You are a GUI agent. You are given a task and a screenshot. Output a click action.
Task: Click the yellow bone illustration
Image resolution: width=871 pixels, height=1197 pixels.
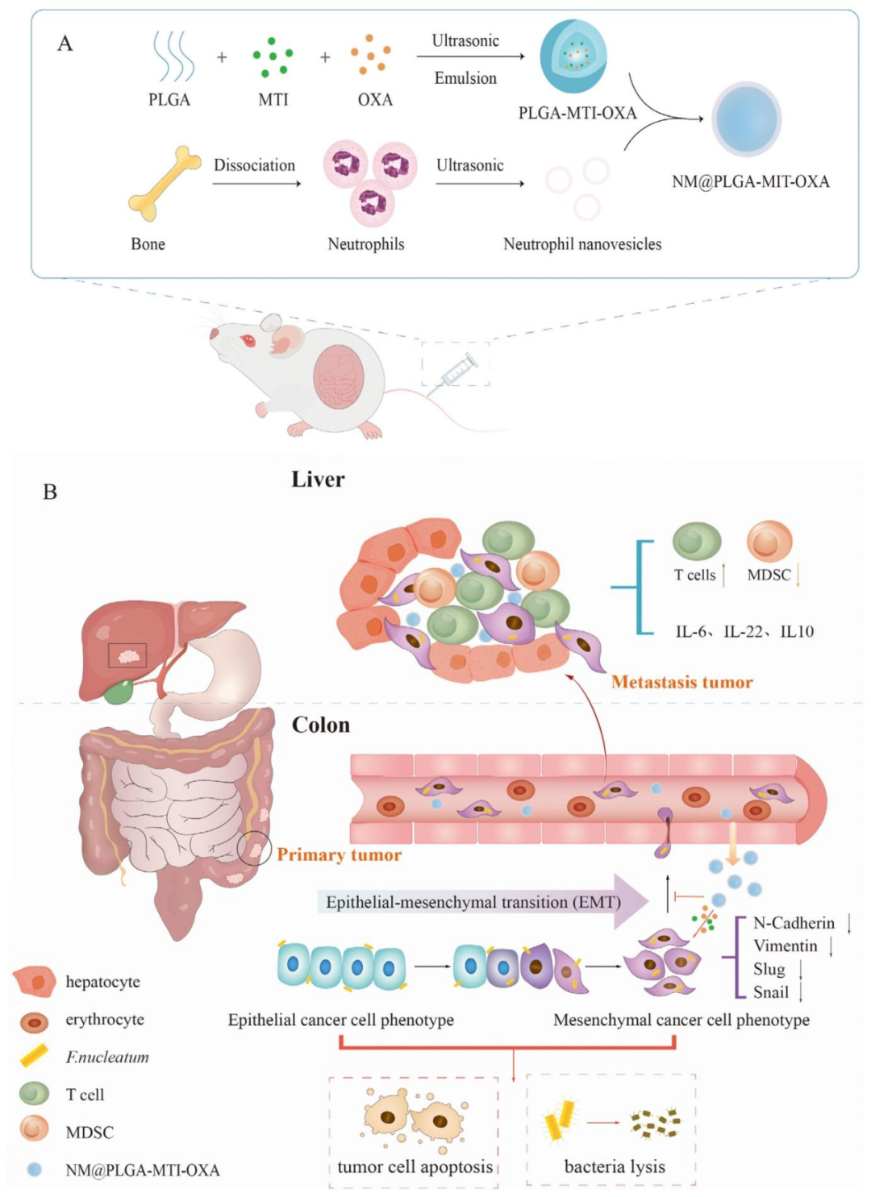[165, 184]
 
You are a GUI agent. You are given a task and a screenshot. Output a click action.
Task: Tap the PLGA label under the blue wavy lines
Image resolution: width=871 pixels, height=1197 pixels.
[169, 100]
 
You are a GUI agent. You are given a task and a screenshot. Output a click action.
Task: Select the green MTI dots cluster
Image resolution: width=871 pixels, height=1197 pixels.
[273, 56]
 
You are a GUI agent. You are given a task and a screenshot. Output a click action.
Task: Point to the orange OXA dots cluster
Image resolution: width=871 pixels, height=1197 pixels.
[371, 55]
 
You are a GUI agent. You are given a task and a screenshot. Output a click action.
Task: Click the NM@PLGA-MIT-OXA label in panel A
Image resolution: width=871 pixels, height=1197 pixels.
[750, 181]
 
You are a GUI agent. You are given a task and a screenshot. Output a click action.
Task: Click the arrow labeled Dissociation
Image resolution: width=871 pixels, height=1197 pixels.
[256, 183]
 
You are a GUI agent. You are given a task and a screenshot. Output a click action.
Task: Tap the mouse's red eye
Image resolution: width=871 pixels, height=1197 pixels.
[248, 341]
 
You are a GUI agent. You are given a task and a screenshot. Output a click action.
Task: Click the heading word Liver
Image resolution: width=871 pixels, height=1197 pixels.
[318, 480]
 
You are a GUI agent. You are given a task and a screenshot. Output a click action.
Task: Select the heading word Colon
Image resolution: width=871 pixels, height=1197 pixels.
[321, 725]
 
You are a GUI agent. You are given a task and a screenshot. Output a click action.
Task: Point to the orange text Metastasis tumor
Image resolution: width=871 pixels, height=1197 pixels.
[681, 682]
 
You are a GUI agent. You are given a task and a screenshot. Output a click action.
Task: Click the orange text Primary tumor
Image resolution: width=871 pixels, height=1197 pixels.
[339, 854]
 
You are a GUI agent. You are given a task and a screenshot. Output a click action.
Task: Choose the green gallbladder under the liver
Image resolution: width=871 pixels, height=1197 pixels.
[119, 691]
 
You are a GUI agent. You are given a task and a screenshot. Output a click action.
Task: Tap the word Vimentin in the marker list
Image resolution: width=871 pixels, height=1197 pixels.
[786, 946]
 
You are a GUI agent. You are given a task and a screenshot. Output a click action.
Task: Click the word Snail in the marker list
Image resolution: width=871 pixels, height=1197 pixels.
[771, 992]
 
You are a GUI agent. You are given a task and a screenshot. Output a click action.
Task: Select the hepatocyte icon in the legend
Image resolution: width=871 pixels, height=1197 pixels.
[35, 981]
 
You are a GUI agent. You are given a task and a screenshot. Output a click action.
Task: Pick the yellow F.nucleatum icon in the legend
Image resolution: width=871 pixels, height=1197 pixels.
[35, 1056]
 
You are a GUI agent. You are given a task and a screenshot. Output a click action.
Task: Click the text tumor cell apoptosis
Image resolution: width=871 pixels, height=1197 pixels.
[415, 1166]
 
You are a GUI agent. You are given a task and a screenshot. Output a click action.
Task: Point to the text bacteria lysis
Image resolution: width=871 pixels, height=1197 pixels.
[615, 1166]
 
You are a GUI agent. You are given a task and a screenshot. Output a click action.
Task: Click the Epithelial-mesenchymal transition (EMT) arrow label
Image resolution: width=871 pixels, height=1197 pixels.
[473, 902]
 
